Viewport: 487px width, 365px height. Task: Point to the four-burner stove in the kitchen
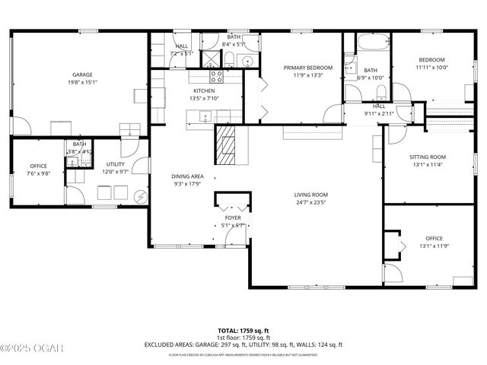tap(216, 76)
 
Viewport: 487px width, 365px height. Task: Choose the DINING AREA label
tap(186, 176)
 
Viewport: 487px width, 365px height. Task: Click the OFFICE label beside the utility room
tap(38, 166)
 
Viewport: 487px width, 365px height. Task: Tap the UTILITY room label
tap(116, 164)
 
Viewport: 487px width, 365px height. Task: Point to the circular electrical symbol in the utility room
tap(140, 196)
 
